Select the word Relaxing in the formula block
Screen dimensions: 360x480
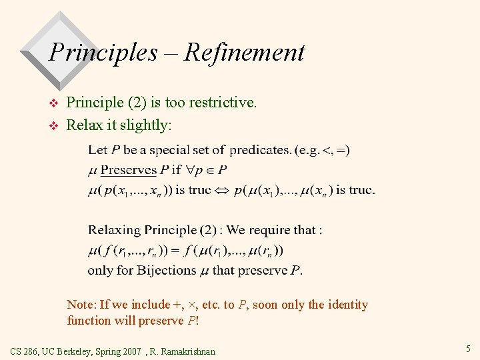(114, 231)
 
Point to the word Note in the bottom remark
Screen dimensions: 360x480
(81, 305)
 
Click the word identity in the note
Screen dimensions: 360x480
(347, 305)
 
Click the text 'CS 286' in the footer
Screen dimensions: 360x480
(26, 351)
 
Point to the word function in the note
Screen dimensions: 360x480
(89, 321)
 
